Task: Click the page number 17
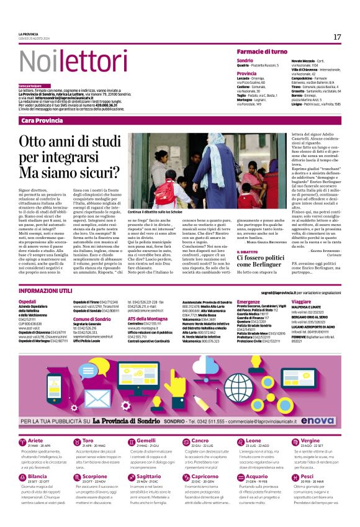coord(337,37)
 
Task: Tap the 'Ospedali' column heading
coord(28,300)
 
